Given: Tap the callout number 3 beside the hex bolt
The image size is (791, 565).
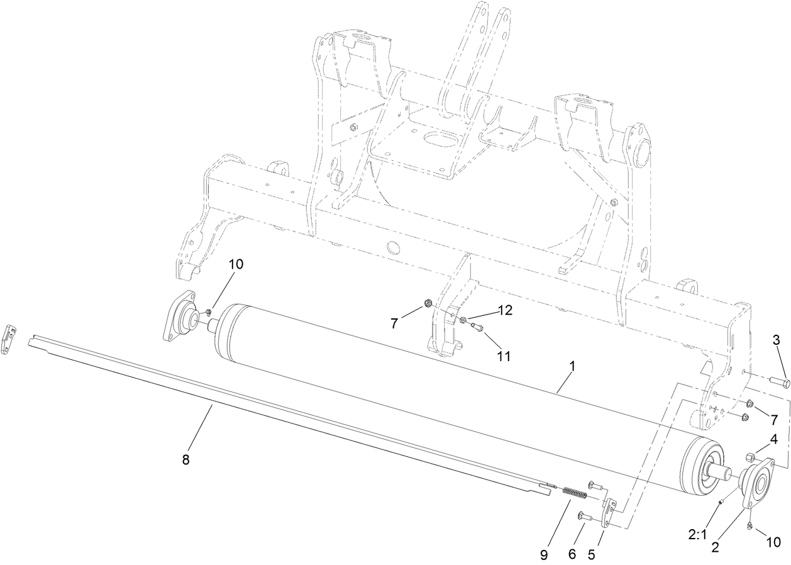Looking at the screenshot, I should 776,340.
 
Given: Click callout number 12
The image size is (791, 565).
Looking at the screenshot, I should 506,310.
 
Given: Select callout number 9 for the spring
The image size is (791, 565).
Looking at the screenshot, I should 544,556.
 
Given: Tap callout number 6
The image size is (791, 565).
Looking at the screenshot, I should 571,556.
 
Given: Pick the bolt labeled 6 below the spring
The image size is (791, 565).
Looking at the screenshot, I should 583,517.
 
